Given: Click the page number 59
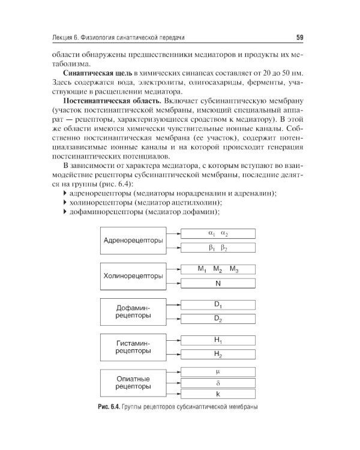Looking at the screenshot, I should click(299, 39).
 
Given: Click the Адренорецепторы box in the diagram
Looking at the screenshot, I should click(133, 241).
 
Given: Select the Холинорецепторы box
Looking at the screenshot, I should click(133, 276).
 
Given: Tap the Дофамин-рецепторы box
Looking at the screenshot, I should click(133, 311).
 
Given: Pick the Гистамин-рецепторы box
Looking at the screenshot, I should click(133, 346).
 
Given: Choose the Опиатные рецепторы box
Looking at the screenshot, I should click(133, 382).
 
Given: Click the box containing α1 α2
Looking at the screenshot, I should click(218, 234).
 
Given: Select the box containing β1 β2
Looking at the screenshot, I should click(218, 247).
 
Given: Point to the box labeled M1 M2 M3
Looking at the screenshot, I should click(218, 269).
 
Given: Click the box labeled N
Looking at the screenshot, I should click(218, 283).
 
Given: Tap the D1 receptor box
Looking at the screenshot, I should click(218, 305).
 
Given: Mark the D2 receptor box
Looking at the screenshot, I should click(218, 318).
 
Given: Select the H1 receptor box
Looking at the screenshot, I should click(218, 340).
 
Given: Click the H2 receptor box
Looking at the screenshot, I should click(218, 354).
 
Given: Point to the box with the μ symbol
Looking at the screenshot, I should click(218, 371).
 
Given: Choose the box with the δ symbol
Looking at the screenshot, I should click(218, 382).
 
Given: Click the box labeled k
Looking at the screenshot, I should click(218, 394).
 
